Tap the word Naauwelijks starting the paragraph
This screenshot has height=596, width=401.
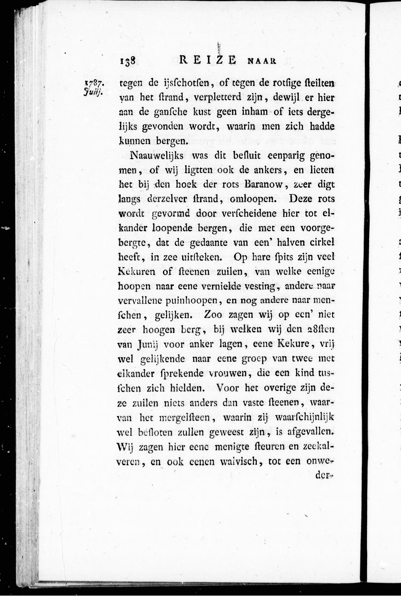click(157, 156)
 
